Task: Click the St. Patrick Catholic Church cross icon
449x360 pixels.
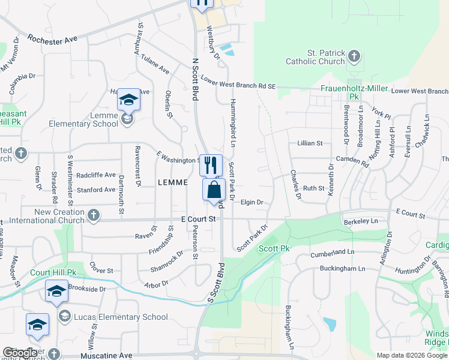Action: [354, 57]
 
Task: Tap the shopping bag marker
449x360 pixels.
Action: [214, 191]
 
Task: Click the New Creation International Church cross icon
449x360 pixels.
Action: [93, 215]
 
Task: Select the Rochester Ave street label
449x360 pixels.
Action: [52, 38]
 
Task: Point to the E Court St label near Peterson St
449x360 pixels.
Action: [198, 220]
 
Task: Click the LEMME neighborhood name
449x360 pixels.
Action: [177, 182]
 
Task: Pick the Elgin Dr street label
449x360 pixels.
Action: [252, 202]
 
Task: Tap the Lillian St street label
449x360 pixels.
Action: [310, 143]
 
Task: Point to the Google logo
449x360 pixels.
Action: [20, 353]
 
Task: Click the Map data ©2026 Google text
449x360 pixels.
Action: [412, 355]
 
